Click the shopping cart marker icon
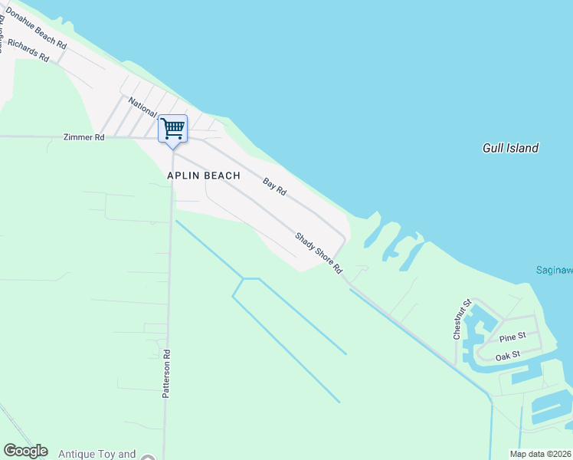[173, 128]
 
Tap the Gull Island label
[510, 148]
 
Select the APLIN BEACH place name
[204, 176]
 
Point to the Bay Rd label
[274, 186]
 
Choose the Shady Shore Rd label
[319, 254]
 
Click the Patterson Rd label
[166, 374]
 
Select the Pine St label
[512, 337]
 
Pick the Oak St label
[507, 355]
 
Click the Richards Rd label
[28, 48]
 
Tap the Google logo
[25, 451]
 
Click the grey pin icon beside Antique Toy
[148, 458]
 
